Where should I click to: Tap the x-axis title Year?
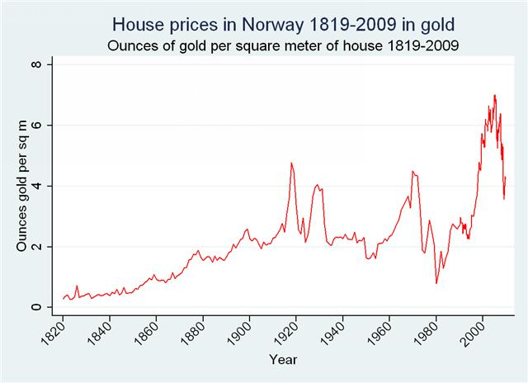[x=282, y=359]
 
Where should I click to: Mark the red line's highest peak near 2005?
[x=494, y=96]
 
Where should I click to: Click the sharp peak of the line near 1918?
[x=291, y=163]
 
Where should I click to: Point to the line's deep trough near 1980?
[x=436, y=283]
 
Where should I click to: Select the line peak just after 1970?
[x=412, y=171]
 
